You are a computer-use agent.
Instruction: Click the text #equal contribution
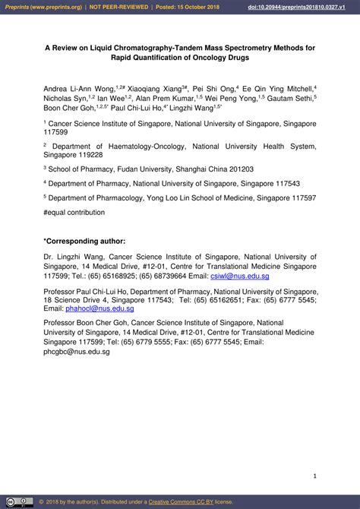(74, 212)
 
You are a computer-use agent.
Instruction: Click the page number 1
(314, 476)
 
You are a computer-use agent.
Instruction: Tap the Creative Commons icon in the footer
(20, 501)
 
